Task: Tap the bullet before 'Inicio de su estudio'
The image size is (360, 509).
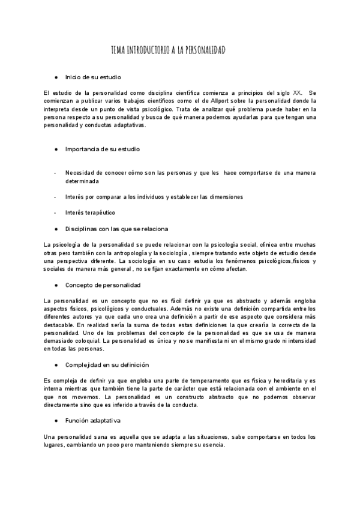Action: click(56, 77)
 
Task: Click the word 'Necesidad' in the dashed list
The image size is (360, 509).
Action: click(81, 173)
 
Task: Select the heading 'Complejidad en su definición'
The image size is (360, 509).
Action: click(107, 364)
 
